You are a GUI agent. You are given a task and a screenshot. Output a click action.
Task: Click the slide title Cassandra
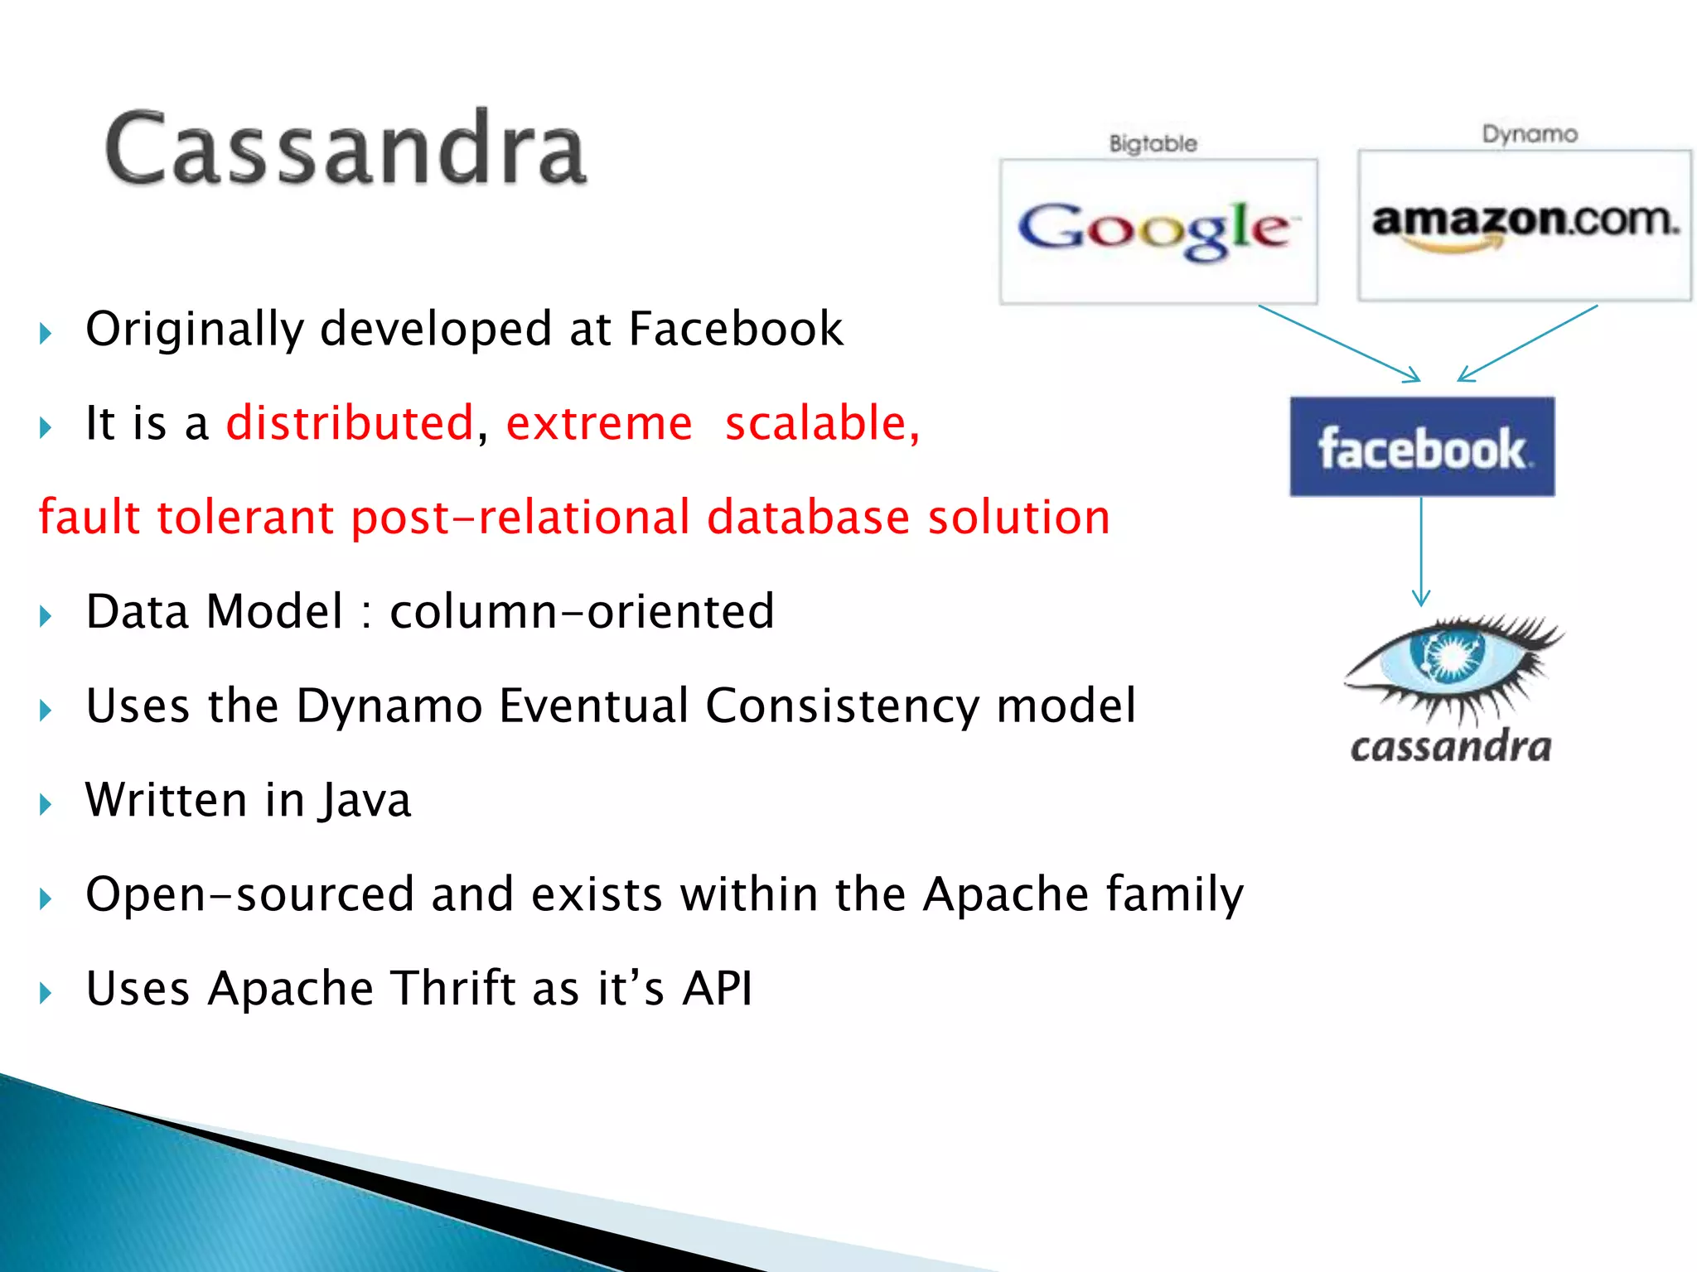(x=346, y=149)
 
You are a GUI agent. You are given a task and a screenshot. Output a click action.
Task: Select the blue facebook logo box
(x=1422, y=447)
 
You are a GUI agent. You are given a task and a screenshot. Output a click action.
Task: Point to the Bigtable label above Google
(x=1153, y=143)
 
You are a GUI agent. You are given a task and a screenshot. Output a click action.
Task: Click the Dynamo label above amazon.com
(x=1529, y=134)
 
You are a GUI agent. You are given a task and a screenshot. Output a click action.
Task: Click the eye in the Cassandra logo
(x=1450, y=658)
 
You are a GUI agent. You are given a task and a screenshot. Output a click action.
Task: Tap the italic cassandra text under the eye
(x=1450, y=747)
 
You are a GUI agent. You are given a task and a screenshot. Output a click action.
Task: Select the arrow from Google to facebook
(x=1338, y=343)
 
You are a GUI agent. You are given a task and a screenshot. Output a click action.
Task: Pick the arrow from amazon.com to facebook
(x=1526, y=343)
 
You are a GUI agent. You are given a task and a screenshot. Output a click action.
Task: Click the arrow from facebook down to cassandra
(x=1421, y=551)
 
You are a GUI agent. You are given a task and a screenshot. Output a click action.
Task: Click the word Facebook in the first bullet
(x=736, y=329)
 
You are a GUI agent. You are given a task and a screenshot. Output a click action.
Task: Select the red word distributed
(x=350, y=423)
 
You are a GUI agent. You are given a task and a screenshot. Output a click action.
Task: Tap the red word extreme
(x=598, y=423)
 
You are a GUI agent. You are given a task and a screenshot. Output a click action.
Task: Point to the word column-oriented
(x=582, y=611)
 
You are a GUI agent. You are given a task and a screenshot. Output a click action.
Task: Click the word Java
(x=365, y=800)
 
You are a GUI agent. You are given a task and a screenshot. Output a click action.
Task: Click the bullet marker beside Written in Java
(x=46, y=803)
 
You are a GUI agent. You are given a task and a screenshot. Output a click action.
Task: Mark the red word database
(x=808, y=518)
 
